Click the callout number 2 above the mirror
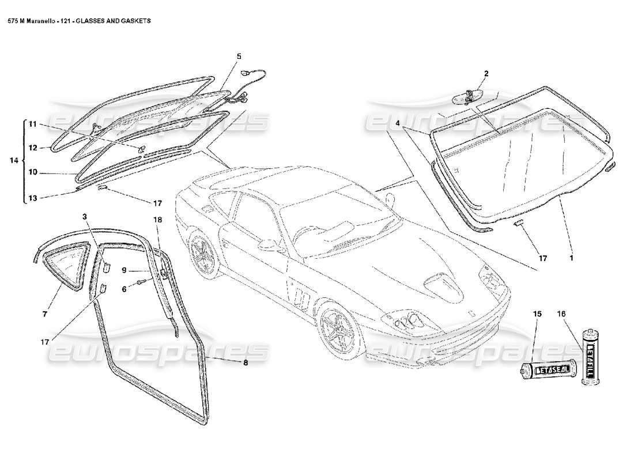tap(486, 74)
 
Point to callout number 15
tap(537, 314)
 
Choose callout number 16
tap(562, 314)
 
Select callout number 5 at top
tap(239, 56)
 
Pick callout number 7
tap(44, 314)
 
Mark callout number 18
tap(158, 220)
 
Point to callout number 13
tap(33, 198)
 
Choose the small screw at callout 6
tap(141, 282)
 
